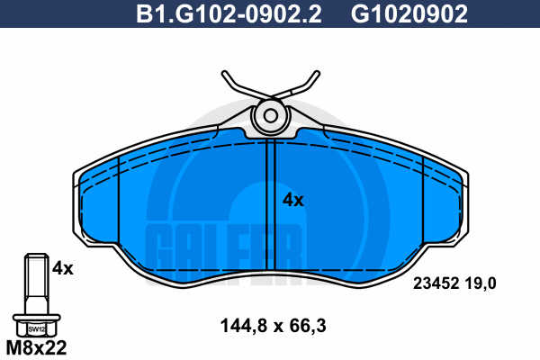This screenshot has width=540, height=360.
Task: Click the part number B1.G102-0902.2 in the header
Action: click(229, 13)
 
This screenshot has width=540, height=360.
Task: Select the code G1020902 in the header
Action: click(409, 13)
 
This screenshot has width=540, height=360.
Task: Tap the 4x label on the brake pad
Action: click(293, 200)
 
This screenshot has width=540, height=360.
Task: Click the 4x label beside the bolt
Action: click(63, 268)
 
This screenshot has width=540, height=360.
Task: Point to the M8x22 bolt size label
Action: click(37, 348)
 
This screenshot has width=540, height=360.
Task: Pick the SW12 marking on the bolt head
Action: click(37, 329)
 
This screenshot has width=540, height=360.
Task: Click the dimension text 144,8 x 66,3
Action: click(273, 326)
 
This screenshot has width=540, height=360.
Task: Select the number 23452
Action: click(436, 283)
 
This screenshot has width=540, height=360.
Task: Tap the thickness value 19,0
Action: click(481, 283)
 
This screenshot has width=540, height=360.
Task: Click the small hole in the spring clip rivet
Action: click(271, 116)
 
